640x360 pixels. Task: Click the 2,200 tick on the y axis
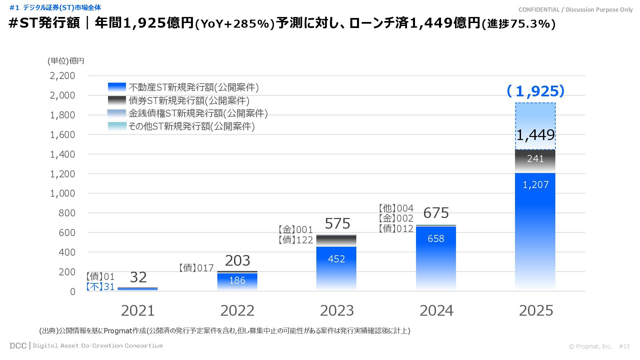[x=62, y=76]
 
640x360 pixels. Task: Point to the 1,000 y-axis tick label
[x=62, y=194]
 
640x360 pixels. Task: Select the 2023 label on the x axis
[x=337, y=311]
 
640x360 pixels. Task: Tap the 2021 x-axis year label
[x=138, y=311]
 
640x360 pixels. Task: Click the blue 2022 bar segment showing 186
[x=237, y=281]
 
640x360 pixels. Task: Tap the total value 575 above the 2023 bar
[x=337, y=223]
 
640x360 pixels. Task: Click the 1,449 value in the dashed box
[x=535, y=135]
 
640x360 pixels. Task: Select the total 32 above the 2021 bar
[x=138, y=277]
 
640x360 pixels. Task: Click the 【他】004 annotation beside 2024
[x=396, y=208]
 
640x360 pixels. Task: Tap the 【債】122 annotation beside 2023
[x=296, y=240]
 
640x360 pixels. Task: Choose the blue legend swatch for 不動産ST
[x=117, y=87]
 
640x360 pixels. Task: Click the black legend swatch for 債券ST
[x=117, y=100]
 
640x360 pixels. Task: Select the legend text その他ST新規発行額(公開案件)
[x=192, y=126]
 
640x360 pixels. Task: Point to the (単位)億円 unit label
[x=66, y=61]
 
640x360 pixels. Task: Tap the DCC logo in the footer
[x=18, y=346]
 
